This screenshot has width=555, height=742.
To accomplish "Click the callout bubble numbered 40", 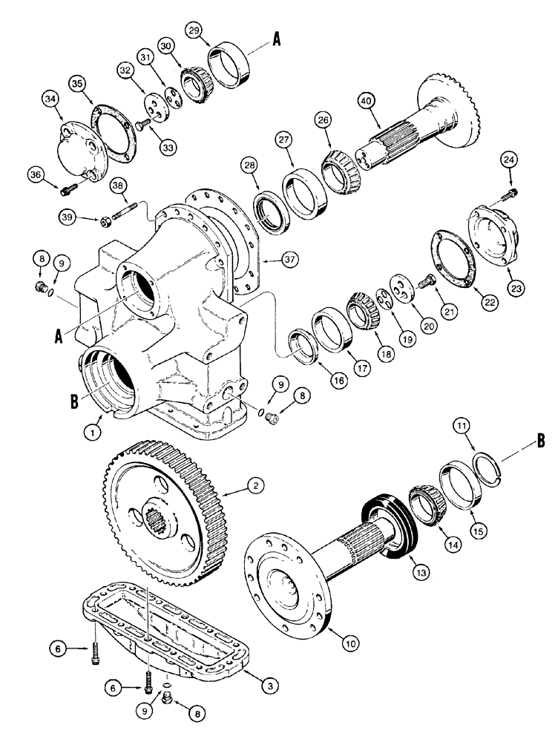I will [x=364, y=100].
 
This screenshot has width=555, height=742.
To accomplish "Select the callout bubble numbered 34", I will [x=50, y=97].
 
